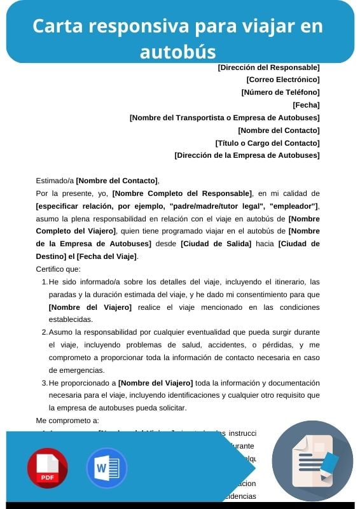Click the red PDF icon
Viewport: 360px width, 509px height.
[x=47, y=468]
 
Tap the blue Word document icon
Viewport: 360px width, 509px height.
[x=106, y=468]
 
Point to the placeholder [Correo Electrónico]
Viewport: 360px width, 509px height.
[x=282, y=80]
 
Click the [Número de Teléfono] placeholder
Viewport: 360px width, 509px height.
[x=280, y=92]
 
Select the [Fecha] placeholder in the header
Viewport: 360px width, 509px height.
[x=306, y=105]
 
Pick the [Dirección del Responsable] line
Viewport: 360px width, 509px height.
[x=268, y=67]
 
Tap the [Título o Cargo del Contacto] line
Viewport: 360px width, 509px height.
[x=267, y=143]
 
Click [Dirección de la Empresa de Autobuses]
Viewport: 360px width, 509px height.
[x=247, y=155]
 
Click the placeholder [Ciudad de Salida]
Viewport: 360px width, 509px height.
[x=216, y=244]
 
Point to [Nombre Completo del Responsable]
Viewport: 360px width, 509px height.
[x=182, y=193]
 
